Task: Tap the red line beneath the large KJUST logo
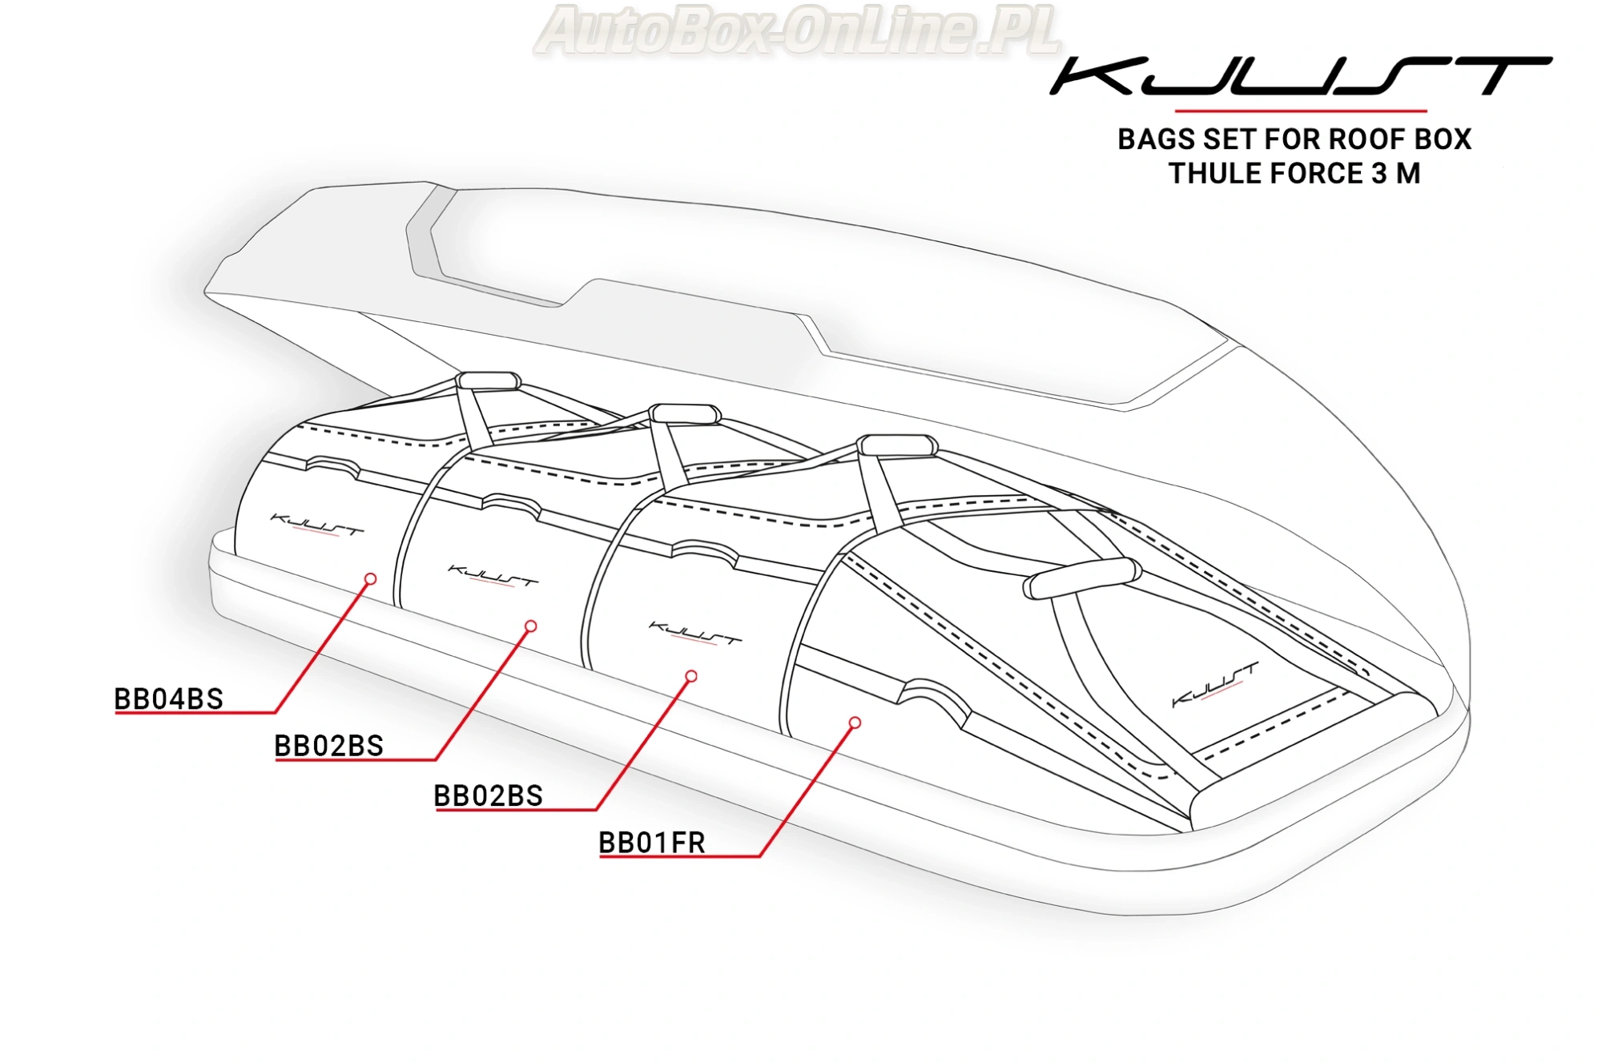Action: click(1300, 111)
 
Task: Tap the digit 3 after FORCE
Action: click(1379, 174)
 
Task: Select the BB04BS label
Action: click(168, 699)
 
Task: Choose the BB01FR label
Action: click(651, 843)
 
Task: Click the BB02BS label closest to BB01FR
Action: click(488, 795)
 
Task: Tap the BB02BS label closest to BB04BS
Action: click(328, 746)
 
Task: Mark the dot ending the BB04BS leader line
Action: click(370, 578)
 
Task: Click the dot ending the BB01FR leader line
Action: click(855, 723)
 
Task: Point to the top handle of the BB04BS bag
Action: click(488, 380)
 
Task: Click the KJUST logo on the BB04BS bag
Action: click(316, 525)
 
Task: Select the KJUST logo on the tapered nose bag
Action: click(1214, 684)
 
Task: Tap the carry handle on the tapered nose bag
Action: click(1082, 578)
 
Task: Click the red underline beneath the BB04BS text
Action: click(195, 712)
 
